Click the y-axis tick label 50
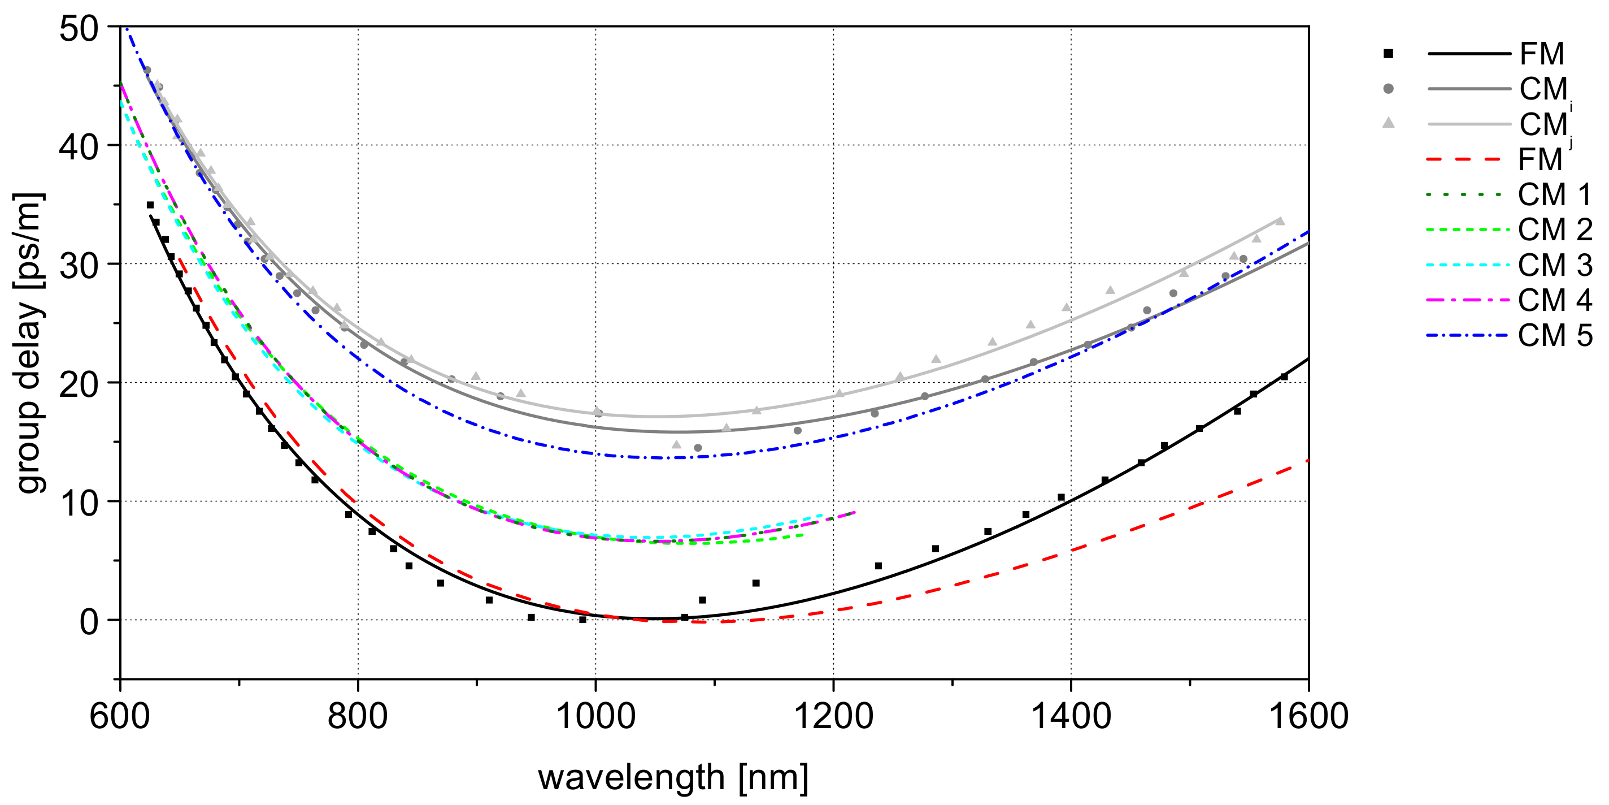tap(79, 29)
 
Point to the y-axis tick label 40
tap(79, 148)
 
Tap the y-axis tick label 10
tap(79, 503)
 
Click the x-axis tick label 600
tap(120, 716)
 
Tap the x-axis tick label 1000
tap(595, 716)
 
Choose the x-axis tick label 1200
tap(833, 716)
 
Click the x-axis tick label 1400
tap(1071, 716)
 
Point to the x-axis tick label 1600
tap(1308, 716)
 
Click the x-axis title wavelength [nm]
tap(673, 777)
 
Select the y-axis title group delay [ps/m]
tap(29, 344)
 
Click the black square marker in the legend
tap(1388, 54)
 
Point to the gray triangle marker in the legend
tap(1388, 123)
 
